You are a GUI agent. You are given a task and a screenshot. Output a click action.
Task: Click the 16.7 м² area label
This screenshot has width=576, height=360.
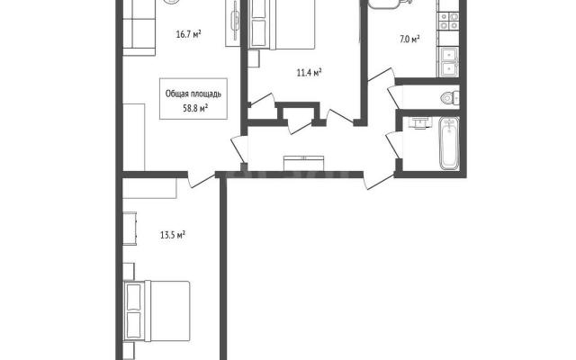(x=188, y=35)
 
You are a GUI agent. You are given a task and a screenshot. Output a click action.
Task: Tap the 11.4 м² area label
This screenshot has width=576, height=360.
(x=309, y=73)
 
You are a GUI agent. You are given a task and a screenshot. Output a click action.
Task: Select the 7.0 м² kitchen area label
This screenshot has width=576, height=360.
(x=409, y=39)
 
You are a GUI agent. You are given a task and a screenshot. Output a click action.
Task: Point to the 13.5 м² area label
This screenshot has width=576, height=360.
(x=172, y=235)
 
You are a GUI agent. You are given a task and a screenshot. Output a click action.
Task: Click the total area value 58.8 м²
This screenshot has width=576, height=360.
(x=195, y=108)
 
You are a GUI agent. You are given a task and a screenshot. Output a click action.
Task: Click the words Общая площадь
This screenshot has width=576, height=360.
(x=193, y=94)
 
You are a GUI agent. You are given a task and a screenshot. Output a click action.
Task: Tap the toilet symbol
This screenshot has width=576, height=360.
(x=450, y=98)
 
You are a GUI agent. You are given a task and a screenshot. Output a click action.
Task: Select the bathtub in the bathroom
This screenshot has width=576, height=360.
(x=449, y=143)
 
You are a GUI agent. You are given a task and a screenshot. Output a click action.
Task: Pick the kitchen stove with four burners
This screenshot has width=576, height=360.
(x=449, y=21)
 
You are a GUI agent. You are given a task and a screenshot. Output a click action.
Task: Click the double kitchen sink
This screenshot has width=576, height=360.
(x=449, y=62)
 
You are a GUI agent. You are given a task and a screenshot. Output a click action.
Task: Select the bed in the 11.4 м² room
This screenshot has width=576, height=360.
(x=282, y=24)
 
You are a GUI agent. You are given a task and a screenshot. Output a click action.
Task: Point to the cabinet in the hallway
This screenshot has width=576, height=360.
(x=303, y=164)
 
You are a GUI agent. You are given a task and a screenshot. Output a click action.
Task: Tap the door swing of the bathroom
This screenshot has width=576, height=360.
(x=394, y=145)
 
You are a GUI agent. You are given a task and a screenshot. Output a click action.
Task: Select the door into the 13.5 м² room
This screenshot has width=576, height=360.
(x=201, y=180)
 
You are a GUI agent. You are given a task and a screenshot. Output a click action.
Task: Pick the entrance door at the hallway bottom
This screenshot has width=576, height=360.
(x=379, y=181)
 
